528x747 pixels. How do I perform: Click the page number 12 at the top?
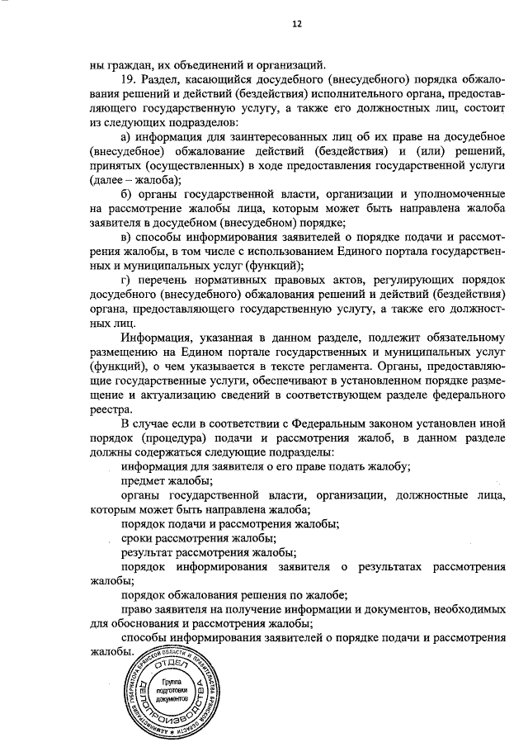tap(297, 24)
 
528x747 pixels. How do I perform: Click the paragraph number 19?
tap(128, 78)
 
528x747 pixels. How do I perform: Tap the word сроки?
tap(137, 538)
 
